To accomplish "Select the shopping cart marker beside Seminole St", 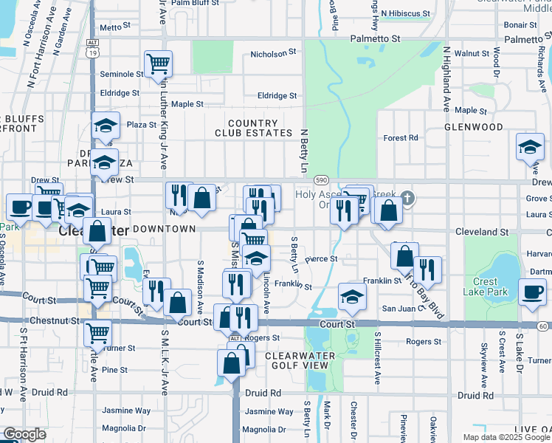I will [x=158, y=64].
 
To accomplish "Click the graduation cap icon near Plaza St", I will [x=106, y=126].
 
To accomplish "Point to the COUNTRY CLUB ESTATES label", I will [x=254, y=128].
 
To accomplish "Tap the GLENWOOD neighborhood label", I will [x=474, y=127].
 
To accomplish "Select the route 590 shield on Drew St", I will [x=321, y=179].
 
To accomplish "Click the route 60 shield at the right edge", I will [x=543, y=326].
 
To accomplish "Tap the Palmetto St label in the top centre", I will [x=376, y=38].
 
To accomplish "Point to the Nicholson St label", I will [x=273, y=54].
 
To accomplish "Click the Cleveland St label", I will [x=483, y=232].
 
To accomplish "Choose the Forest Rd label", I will [x=401, y=138].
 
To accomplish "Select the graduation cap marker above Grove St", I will [x=530, y=147].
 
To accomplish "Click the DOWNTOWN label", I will [x=164, y=230].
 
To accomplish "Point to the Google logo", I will [x=24, y=434].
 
